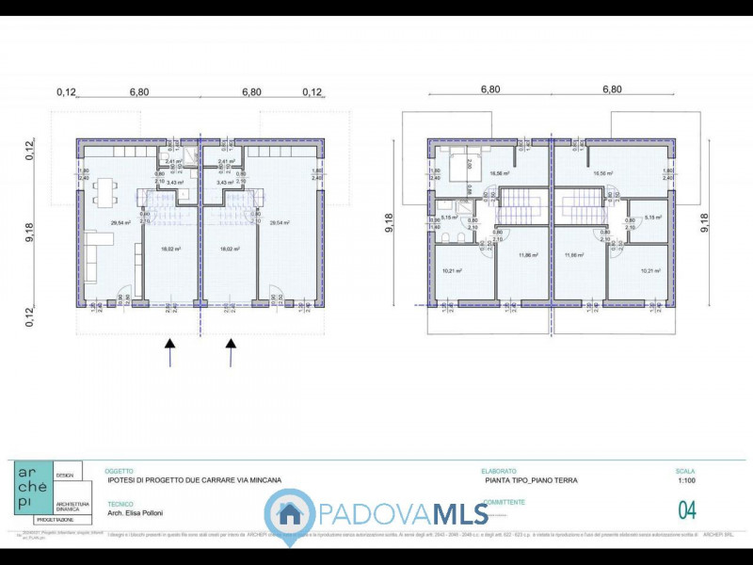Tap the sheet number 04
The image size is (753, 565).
pyautogui.click(x=687, y=510)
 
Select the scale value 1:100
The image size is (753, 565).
pyautogui.click(x=685, y=480)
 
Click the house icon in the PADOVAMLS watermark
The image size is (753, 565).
pyautogui.click(x=290, y=514)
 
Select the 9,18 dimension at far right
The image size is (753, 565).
pyautogui.click(x=706, y=222)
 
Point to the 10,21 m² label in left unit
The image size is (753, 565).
pyautogui.click(x=450, y=271)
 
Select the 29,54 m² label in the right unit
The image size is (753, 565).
pyautogui.click(x=280, y=223)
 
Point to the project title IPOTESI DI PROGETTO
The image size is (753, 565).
pyautogui.click(x=193, y=480)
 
